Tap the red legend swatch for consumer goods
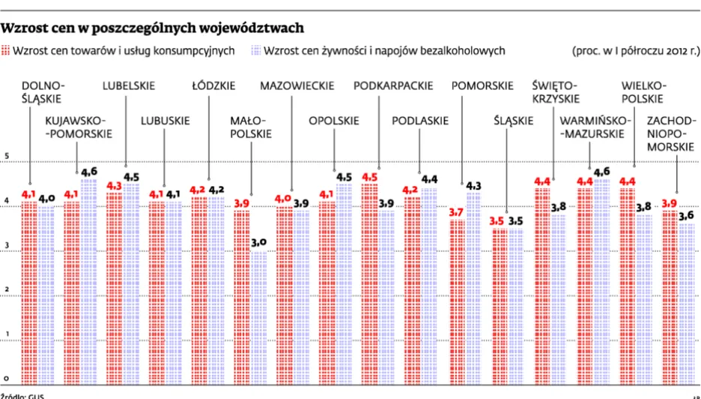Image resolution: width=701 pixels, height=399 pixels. click(6, 51)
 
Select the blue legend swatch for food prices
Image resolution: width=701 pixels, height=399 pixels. click(256, 51)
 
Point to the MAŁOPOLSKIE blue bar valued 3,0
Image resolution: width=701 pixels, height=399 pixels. click(258, 315)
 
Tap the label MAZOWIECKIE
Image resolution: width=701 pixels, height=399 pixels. click(297, 86)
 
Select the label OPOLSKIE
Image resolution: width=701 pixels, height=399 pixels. click(334, 120)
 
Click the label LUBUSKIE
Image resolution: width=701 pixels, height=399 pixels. click(165, 120)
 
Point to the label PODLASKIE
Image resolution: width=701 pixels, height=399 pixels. click(420, 120)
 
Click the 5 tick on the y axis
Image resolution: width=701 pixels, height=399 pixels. click(7, 156)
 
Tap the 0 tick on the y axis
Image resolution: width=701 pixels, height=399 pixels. click(7, 378)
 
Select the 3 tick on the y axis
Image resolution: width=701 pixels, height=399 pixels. click(7, 245)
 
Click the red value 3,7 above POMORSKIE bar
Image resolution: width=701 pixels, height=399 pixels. click(456, 213)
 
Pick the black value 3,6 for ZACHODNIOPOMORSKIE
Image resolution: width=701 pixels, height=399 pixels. click(685, 216)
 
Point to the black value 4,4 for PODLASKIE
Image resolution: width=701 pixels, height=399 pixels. click(429, 180)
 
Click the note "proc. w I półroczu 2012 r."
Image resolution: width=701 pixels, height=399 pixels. click(635, 51)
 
